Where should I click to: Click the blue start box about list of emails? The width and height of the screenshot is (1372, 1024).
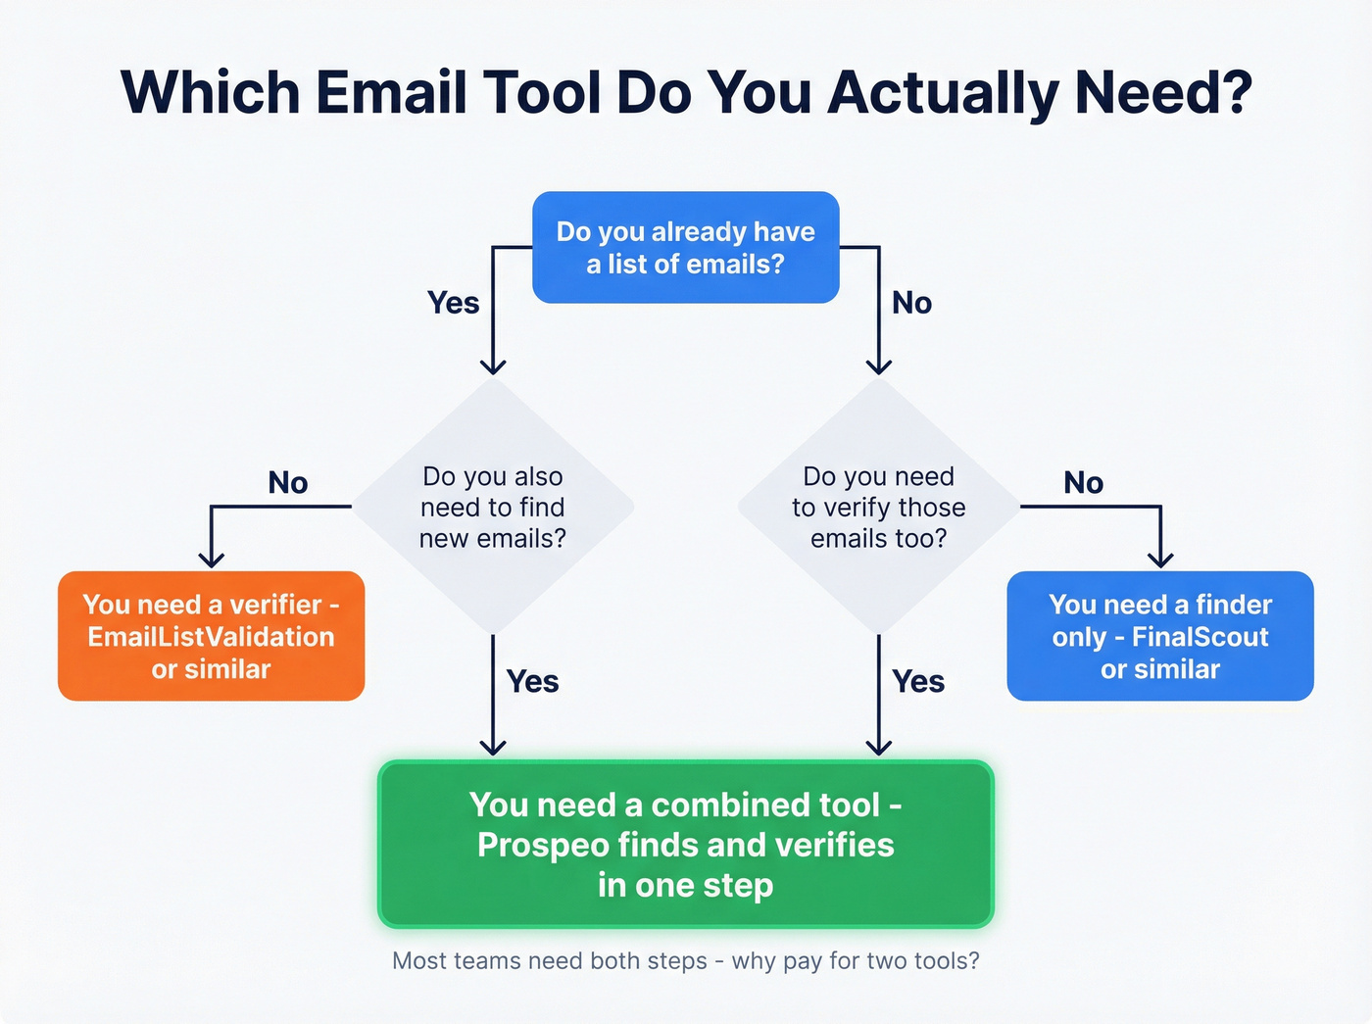(x=685, y=247)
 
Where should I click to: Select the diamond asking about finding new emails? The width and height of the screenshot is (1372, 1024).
(x=493, y=507)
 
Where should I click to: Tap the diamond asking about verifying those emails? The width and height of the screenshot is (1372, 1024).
(x=878, y=507)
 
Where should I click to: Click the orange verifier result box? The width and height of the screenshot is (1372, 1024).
(x=211, y=636)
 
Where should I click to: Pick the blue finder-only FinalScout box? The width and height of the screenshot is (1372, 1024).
(x=1159, y=636)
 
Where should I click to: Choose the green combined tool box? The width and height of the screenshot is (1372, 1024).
(x=685, y=844)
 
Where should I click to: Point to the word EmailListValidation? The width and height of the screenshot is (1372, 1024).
(x=211, y=637)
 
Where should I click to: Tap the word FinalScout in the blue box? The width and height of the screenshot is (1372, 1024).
(x=1200, y=637)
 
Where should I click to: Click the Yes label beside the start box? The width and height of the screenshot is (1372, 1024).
(x=453, y=303)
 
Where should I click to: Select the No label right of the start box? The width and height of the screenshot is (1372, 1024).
(x=911, y=303)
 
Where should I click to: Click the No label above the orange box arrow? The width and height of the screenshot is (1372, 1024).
(x=288, y=482)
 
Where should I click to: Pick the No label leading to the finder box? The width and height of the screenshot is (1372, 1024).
(x=1083, y=482)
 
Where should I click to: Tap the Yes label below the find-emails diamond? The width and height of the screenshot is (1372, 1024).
(x=532, y=681)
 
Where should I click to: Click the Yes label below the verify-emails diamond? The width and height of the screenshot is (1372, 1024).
(x=918, y=681)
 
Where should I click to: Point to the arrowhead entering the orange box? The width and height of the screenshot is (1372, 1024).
(x=211, y=560)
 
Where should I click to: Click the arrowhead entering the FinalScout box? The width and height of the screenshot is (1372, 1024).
(x=1160, y=560)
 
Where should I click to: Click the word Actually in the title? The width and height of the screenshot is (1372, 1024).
(x=944, y=93)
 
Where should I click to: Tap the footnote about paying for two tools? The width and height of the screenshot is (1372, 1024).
(x=685, y=960)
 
